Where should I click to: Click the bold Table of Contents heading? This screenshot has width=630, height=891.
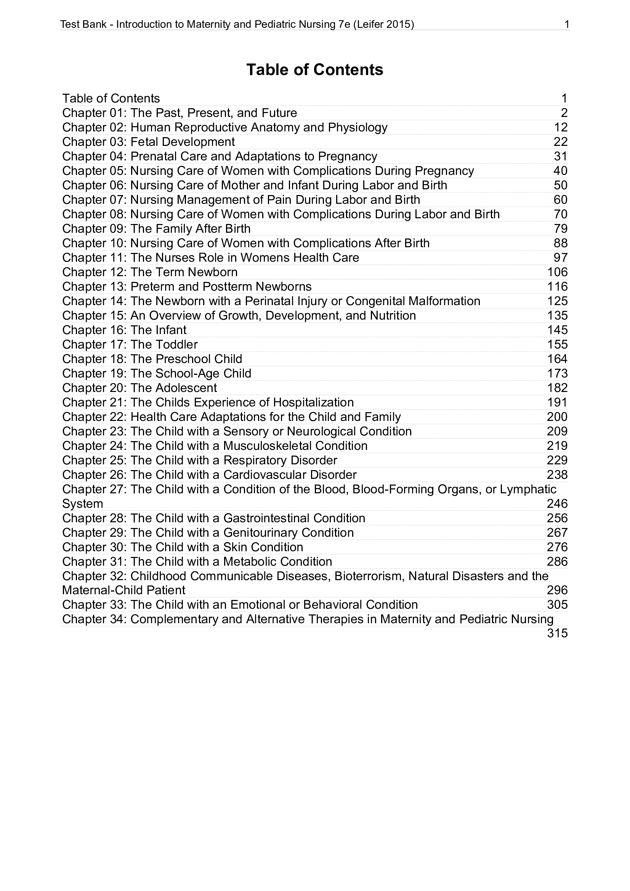(314, 70)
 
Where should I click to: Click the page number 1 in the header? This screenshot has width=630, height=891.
(566, 25)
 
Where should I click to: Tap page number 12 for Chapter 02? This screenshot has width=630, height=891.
(561, 127)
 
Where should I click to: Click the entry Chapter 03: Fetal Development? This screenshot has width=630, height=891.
(149, 142)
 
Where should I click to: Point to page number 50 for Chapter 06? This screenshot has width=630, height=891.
(561, 185)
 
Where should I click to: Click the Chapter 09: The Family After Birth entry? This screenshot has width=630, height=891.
(156, 229)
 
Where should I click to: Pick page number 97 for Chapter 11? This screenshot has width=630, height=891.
(561, 258)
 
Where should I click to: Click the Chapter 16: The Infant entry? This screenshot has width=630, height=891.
(124, 330)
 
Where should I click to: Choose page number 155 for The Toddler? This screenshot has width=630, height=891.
(557, 345)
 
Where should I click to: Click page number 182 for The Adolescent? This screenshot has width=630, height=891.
(557, 388)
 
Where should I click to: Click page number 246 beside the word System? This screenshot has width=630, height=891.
(557, 504)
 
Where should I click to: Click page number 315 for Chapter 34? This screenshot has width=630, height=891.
(557, 633)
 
